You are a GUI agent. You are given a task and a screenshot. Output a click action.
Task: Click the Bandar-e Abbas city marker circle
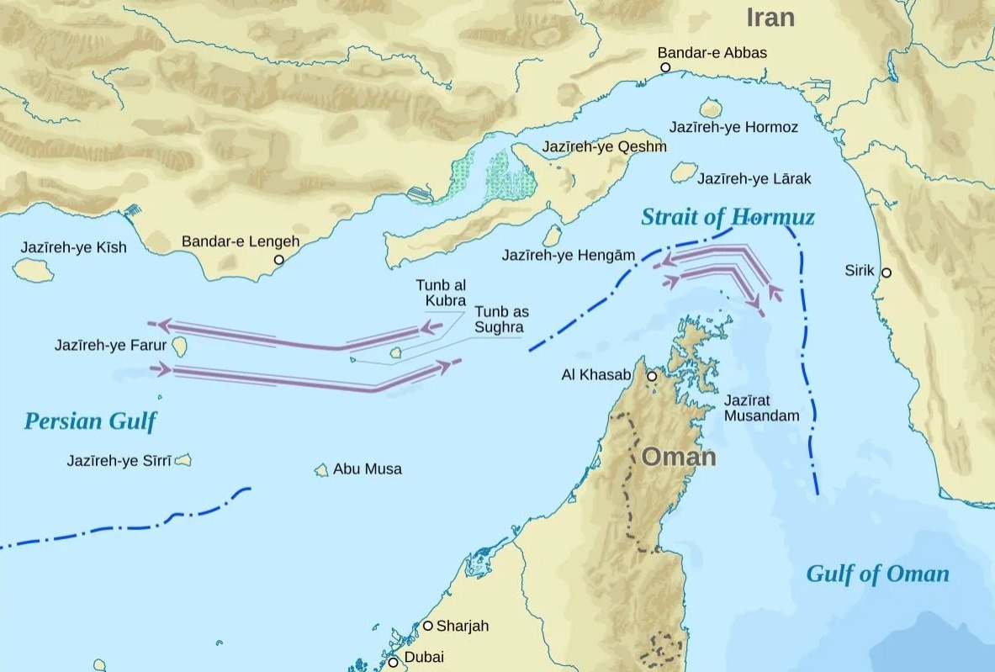(665, 67)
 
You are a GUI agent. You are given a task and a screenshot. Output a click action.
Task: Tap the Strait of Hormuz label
(728, 217)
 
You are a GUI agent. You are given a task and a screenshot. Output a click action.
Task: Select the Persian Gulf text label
(90, 421)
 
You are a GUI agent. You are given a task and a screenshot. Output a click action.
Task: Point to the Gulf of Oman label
(877, 574)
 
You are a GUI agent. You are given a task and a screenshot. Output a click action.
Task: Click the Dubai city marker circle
(393, 663)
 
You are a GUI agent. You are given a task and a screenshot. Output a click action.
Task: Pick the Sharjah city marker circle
(427, 626)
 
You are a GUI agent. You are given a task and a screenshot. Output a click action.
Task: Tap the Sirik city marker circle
(887, 273)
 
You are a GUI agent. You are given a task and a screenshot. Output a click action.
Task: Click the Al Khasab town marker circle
(652, 376)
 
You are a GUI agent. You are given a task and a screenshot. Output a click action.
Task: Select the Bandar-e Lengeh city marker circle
(279, 260)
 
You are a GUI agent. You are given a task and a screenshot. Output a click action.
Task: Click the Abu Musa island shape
(321, 470)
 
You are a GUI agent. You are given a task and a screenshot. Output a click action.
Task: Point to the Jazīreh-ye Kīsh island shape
(34, 270)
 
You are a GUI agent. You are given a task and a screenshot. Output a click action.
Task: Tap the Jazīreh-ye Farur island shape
(179, 347)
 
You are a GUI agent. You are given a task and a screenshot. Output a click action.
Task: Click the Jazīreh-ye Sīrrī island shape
(183, 460)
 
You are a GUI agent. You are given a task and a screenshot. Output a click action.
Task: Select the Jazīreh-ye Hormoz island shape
(711, 108)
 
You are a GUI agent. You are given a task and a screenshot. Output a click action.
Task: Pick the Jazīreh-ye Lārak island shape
(683, 172)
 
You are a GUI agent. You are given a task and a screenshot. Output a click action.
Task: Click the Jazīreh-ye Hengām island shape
(552, 235)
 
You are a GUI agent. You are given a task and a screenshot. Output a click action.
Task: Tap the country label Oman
(679, 458)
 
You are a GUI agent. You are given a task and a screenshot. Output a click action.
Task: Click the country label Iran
(770, 18)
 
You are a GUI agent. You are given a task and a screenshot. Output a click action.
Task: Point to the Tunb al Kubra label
(441, 294)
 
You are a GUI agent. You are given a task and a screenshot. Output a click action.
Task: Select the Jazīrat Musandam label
(761, 408)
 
